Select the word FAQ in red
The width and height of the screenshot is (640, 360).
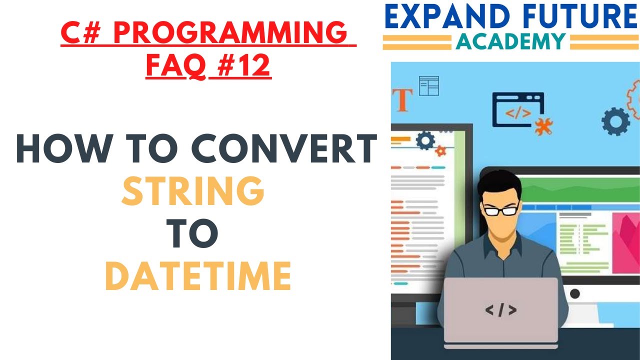175,66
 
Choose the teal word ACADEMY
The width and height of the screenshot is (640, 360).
511,41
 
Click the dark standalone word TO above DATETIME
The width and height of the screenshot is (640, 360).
193,234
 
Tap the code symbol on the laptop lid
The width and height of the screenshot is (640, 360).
500,310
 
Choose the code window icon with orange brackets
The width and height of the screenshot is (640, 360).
518,110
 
